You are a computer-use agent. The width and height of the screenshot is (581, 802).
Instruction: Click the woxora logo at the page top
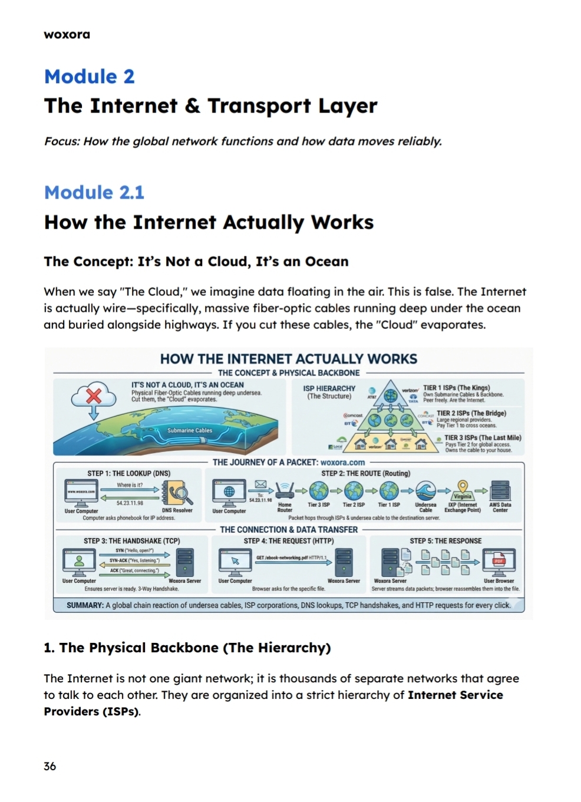point(67,35)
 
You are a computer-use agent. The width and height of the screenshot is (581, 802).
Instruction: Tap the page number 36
point(50,766)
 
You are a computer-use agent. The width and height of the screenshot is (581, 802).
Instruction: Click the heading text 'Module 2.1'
point(94,193)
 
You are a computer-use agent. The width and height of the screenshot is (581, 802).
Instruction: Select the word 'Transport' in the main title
point(259,106)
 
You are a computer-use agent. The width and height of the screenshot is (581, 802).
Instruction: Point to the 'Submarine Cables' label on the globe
point(190,431)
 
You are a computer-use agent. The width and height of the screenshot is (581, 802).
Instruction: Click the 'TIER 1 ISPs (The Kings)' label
point(456,388)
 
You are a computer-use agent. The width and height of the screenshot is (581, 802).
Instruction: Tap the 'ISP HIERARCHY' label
point(329,388)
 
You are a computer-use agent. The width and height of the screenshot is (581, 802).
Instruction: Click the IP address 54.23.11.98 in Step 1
point(130,503)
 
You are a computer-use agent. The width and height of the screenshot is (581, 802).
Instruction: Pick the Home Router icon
point(285,490)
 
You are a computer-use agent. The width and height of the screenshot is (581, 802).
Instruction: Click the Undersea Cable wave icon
point(425,490)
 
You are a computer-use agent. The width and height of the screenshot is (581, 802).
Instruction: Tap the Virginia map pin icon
point(463,487)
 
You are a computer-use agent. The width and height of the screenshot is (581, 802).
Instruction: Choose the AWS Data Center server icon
point(500,490)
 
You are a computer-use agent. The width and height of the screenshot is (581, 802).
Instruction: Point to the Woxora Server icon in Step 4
point(344,562)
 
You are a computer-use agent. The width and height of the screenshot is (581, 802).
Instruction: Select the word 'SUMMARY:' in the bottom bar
point(85,605)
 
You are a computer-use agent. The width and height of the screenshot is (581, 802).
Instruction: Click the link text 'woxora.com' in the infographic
point(342,463)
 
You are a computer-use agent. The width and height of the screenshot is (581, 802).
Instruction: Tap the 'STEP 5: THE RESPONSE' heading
point(445,541)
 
